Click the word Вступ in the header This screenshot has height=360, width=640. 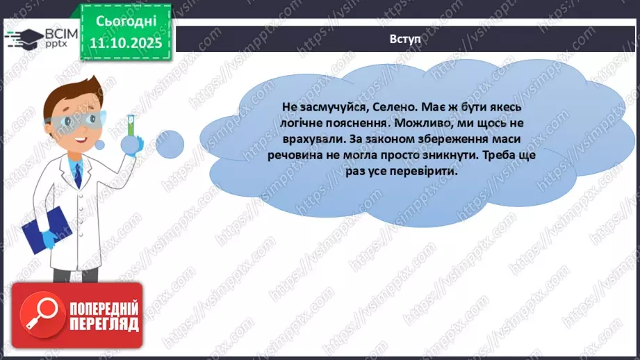405,39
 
